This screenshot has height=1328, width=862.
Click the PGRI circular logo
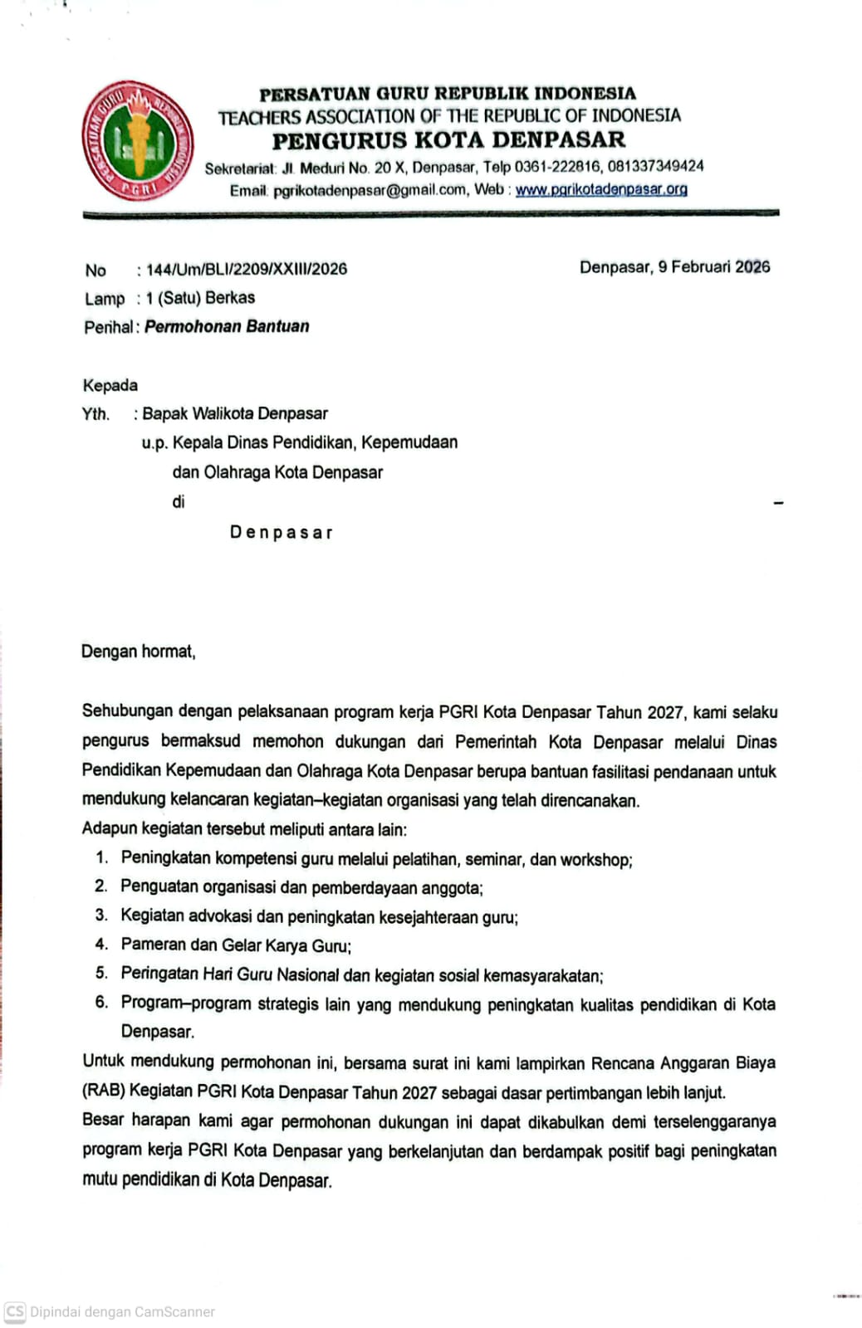pyautogui.click(x=138, y=140)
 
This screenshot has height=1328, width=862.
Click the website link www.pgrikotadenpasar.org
pyautogui.click(x=601, y=189)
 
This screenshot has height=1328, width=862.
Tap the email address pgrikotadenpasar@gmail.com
pyautogui.click(x=370, y=190)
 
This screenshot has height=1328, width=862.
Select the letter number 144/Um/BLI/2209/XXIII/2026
pyautogui.click(x=247, y=269)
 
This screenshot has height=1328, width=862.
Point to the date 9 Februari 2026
pyautogui.click(x=714, y=267)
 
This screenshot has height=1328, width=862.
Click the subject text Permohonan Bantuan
pyautogui.click(x=227, y=326)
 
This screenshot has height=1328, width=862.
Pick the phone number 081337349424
pyautogui.click(x=655, y=166)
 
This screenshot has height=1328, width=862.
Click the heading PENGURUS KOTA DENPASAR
pyautogui.click(x=448, y=139)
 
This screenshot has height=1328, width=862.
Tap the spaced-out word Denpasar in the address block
pyautogui.click(x=281, y=532)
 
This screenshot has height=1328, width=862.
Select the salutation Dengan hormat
pyautogui.click(x=138, y=652)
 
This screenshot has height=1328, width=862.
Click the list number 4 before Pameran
pyautogui.click(x=101, y=945)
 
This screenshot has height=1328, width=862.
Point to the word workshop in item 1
pyautogui.click(x=595, y=860)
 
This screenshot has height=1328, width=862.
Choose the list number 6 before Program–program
pyautogui.click(x=101, y=1003)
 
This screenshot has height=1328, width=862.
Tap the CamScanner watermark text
pyautogui.click(x=122, y=1312)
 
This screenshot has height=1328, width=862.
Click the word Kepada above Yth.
pyautogui.click(x=110, y=385)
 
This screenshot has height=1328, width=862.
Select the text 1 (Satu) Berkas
pyautogui.click(x=200, y=298)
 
